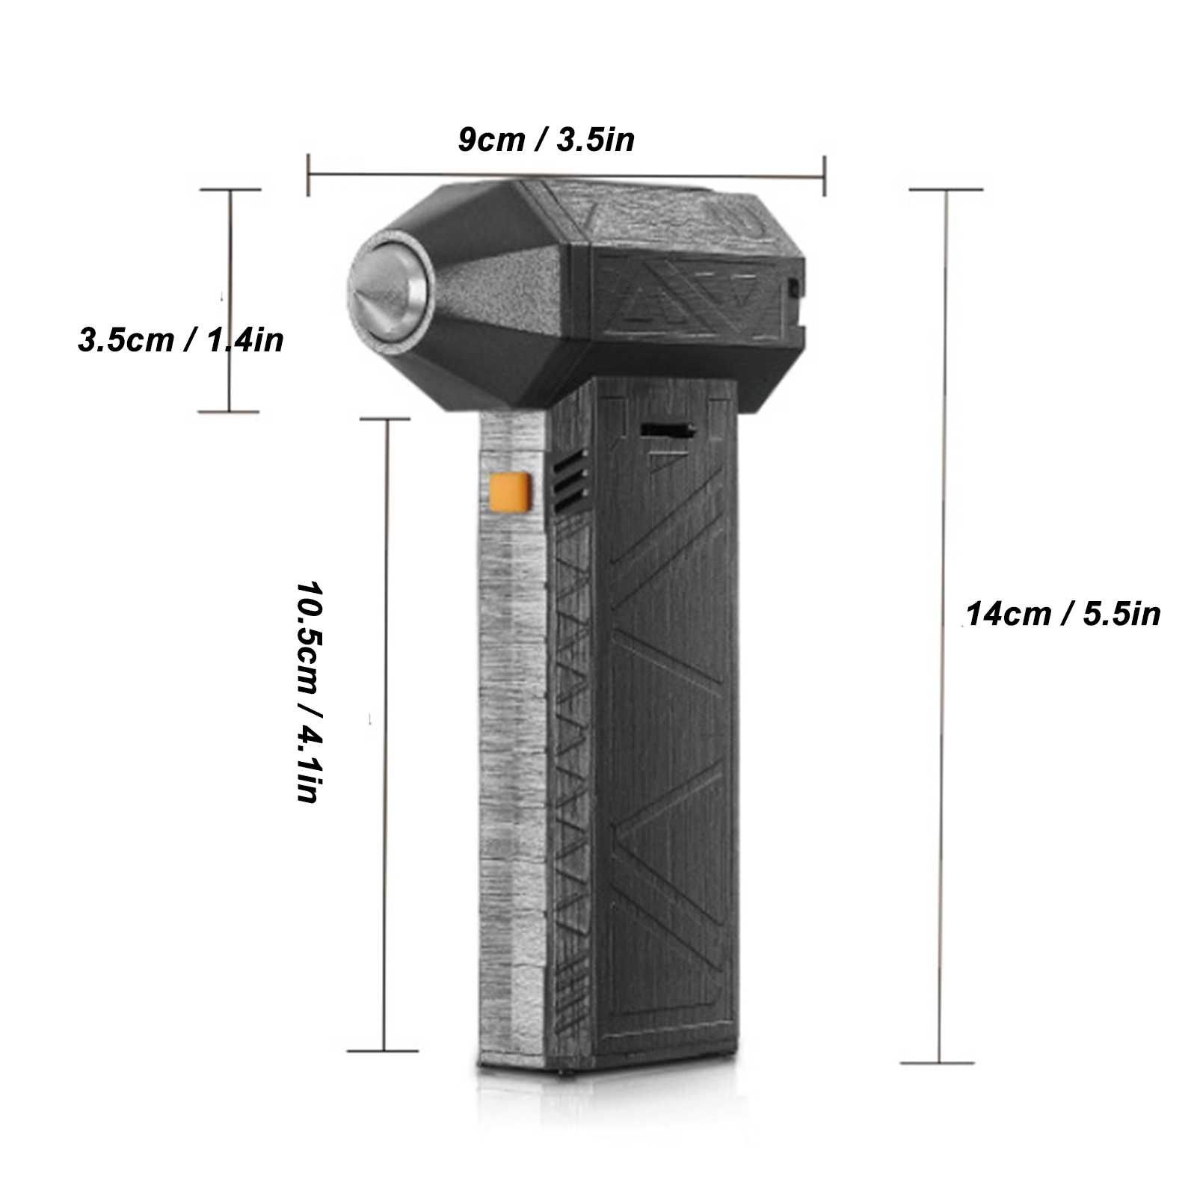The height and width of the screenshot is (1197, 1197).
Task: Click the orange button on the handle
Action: click(x=509, y=492)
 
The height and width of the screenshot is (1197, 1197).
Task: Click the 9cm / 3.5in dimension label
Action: click(x=547, y=140)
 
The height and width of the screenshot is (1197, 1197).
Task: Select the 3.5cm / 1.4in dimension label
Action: click(x=181, y=340)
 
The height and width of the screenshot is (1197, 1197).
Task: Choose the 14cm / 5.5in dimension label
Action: click(x=1063, y=614)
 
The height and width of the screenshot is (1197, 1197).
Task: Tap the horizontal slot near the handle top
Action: click(x=668, y=431)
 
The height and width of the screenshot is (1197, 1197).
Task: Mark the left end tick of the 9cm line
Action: click(x=308, y=175)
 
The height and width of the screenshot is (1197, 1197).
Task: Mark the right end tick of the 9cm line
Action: click(x=824, y=176)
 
